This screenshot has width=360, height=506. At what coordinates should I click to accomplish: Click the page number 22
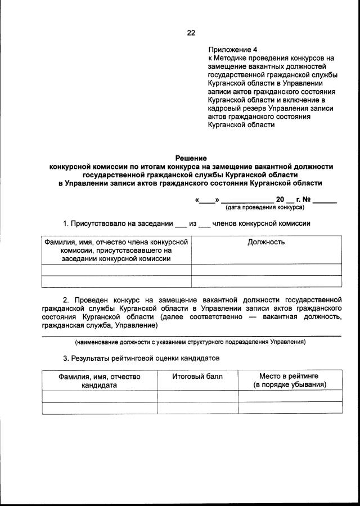point(191,33)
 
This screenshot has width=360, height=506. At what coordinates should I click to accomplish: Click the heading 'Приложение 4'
point(232,50)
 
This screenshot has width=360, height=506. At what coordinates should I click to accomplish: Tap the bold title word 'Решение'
point(191,158)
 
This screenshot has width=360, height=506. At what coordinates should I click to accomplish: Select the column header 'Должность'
point(266,242)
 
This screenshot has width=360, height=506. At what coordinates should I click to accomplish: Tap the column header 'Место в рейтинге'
point(290,376)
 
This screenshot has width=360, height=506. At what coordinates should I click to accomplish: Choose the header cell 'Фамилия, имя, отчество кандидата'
point(99,380)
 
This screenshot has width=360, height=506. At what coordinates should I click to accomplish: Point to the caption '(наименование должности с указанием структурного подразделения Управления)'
point(191,342)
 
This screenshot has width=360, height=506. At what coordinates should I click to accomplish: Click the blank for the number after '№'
point(326,200)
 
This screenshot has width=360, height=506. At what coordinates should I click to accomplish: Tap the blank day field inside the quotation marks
point(207,200)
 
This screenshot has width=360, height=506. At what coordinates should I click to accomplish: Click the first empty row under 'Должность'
point(266,270)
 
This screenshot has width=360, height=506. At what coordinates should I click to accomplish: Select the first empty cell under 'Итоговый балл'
point(197,396)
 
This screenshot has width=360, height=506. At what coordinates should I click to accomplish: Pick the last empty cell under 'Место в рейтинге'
point(290,408)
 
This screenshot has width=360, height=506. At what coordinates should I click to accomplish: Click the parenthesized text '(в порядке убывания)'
point(290,385)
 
